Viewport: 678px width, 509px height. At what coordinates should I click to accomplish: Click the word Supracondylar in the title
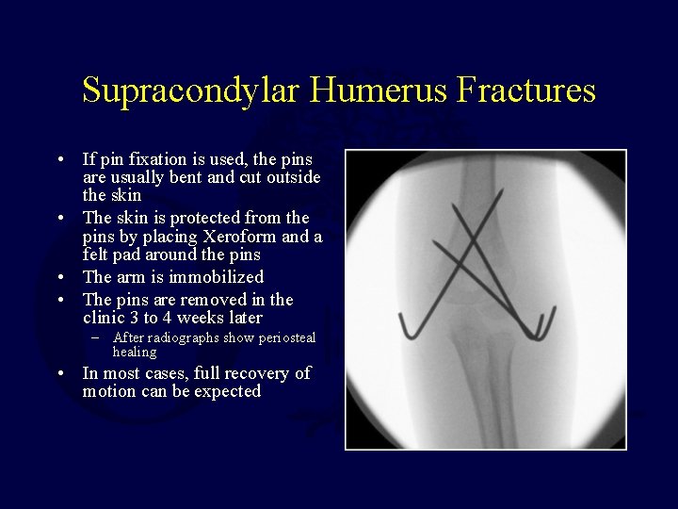click(191, 91)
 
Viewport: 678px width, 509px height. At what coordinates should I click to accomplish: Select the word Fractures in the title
click(526, 91)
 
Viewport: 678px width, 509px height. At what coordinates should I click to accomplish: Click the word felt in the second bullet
click(97, 254)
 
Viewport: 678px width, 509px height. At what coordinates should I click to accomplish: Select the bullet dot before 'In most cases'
click(60, 373)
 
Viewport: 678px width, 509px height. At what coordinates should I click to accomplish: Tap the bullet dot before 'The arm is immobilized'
click(60, 277)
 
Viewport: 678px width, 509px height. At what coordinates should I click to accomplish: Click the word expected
click(227, 391)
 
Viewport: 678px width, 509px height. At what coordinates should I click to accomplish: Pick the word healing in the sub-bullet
click(135, 352)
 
